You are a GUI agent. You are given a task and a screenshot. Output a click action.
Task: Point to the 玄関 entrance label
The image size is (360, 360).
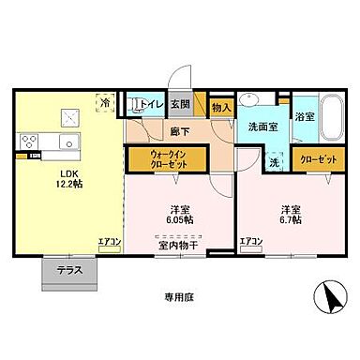pos(180,105)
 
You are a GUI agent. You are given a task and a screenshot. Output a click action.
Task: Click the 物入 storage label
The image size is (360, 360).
pos(221,110)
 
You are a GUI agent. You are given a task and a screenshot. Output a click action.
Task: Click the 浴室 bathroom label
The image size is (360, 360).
pos(304,116)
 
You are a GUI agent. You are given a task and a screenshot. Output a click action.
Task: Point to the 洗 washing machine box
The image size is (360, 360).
pos(275,160)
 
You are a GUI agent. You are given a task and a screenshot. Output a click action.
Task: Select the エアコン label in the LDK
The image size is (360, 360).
pos(110,243)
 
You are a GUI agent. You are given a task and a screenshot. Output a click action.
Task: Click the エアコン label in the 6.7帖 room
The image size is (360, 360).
pos(249,243)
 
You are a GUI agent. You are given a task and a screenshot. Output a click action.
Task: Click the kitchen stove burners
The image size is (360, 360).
pos(27,142)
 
